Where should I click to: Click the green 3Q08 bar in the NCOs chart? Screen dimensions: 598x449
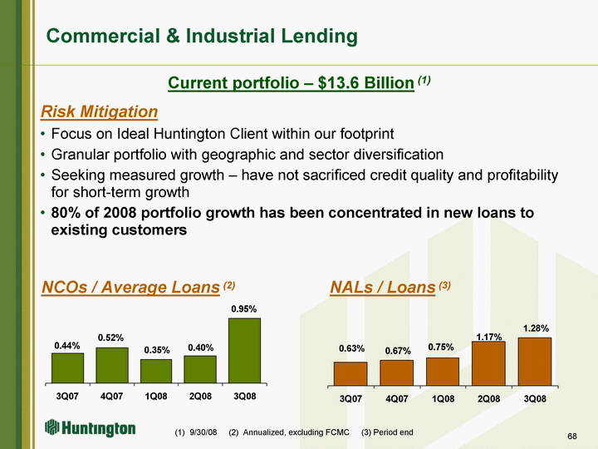[x=244, y=351]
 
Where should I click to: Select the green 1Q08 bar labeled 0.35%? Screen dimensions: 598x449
[x=156, y=371]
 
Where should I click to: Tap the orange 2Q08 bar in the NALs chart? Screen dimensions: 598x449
[x=488, y=363]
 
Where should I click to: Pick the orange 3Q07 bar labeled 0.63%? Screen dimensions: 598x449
[x=350, y=374]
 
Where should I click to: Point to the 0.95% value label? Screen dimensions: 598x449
[x=244, y=308]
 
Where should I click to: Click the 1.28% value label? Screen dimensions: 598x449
[x=536, y=328]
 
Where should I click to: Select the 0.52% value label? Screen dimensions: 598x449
[x=110, y=338]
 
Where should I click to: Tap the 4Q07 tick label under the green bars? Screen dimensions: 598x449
[x=111, y=397]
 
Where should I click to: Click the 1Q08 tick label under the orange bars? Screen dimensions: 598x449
[x=444, y=399]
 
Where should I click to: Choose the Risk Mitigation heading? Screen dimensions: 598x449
[x=99, y=111]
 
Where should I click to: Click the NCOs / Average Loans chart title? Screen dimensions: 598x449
[x=131, y=287]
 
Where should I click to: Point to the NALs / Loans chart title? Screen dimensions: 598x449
[x=383, y=287]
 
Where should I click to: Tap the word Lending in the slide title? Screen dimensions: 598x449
[x=320, y=37]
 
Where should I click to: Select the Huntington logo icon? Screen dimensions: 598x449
[x=51, y=427]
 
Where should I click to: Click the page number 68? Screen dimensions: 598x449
[x=572, y=436]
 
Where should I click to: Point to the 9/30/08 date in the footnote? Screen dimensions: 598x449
[x=203, y=432]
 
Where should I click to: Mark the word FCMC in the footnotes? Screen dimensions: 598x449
[x=337, y=432]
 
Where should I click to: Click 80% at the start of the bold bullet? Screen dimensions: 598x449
[x=66, y=213]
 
